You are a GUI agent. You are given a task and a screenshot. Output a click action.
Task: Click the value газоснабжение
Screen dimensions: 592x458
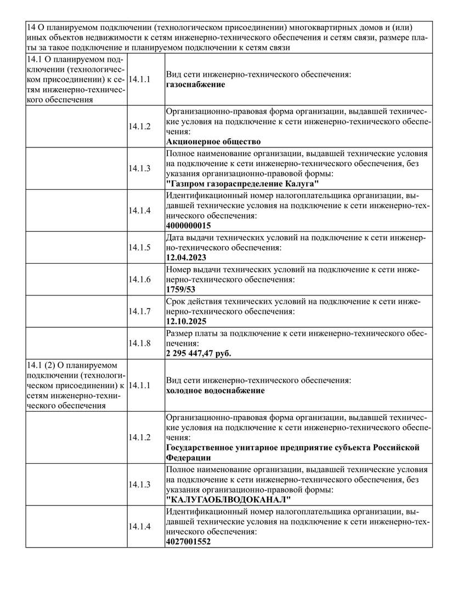pos(195,84)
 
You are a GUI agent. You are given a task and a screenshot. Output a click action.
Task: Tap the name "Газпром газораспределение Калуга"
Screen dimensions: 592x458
pos(242,184)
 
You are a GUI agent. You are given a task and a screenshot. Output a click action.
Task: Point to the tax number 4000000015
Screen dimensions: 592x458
pos(188,225)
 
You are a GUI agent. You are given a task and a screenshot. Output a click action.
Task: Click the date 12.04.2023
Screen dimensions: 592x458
pos(186,258)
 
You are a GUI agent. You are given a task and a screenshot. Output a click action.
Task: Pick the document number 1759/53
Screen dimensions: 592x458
pos(180,289)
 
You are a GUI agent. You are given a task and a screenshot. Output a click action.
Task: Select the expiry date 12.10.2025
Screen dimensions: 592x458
pos(186,321)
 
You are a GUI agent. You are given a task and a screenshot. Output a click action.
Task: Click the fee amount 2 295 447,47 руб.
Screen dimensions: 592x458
pos(198,353)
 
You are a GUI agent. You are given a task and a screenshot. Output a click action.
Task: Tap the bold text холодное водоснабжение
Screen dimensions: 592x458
pos(215,390)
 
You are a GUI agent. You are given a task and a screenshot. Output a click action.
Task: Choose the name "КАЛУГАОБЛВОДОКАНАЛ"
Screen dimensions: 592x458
pos(228,500)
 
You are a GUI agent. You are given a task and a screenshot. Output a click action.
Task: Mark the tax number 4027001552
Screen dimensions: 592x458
pos(188,542)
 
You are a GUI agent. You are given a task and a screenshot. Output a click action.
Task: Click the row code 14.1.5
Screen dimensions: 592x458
pos(139,247)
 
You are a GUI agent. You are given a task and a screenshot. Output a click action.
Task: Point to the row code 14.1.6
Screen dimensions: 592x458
pos(139,279)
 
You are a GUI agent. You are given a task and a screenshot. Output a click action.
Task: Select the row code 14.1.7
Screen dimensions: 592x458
pos(139,311)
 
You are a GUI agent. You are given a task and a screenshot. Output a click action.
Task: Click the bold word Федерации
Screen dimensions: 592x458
pos(188,458)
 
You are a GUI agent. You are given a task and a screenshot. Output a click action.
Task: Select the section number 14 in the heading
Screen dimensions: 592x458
pos(31,27)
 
